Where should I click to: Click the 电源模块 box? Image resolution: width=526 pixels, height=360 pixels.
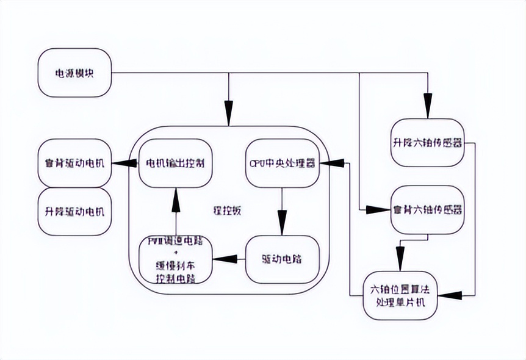coord(74,74)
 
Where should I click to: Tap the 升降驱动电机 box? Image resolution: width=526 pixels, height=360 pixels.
coord(74,212)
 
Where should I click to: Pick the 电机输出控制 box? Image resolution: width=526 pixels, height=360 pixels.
coord(175,164)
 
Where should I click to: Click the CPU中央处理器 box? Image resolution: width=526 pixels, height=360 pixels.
coord(283,164)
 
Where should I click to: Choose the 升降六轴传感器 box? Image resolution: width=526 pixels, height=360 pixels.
coord(427,144)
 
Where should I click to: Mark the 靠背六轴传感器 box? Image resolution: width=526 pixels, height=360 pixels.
coord(427,209)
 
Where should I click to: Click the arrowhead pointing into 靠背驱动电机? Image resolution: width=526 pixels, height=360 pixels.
coord(120,163)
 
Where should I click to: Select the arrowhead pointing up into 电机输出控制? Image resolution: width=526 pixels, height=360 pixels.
coord(175,193)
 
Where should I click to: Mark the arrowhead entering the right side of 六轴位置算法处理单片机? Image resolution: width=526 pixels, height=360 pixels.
coord(447,295)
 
